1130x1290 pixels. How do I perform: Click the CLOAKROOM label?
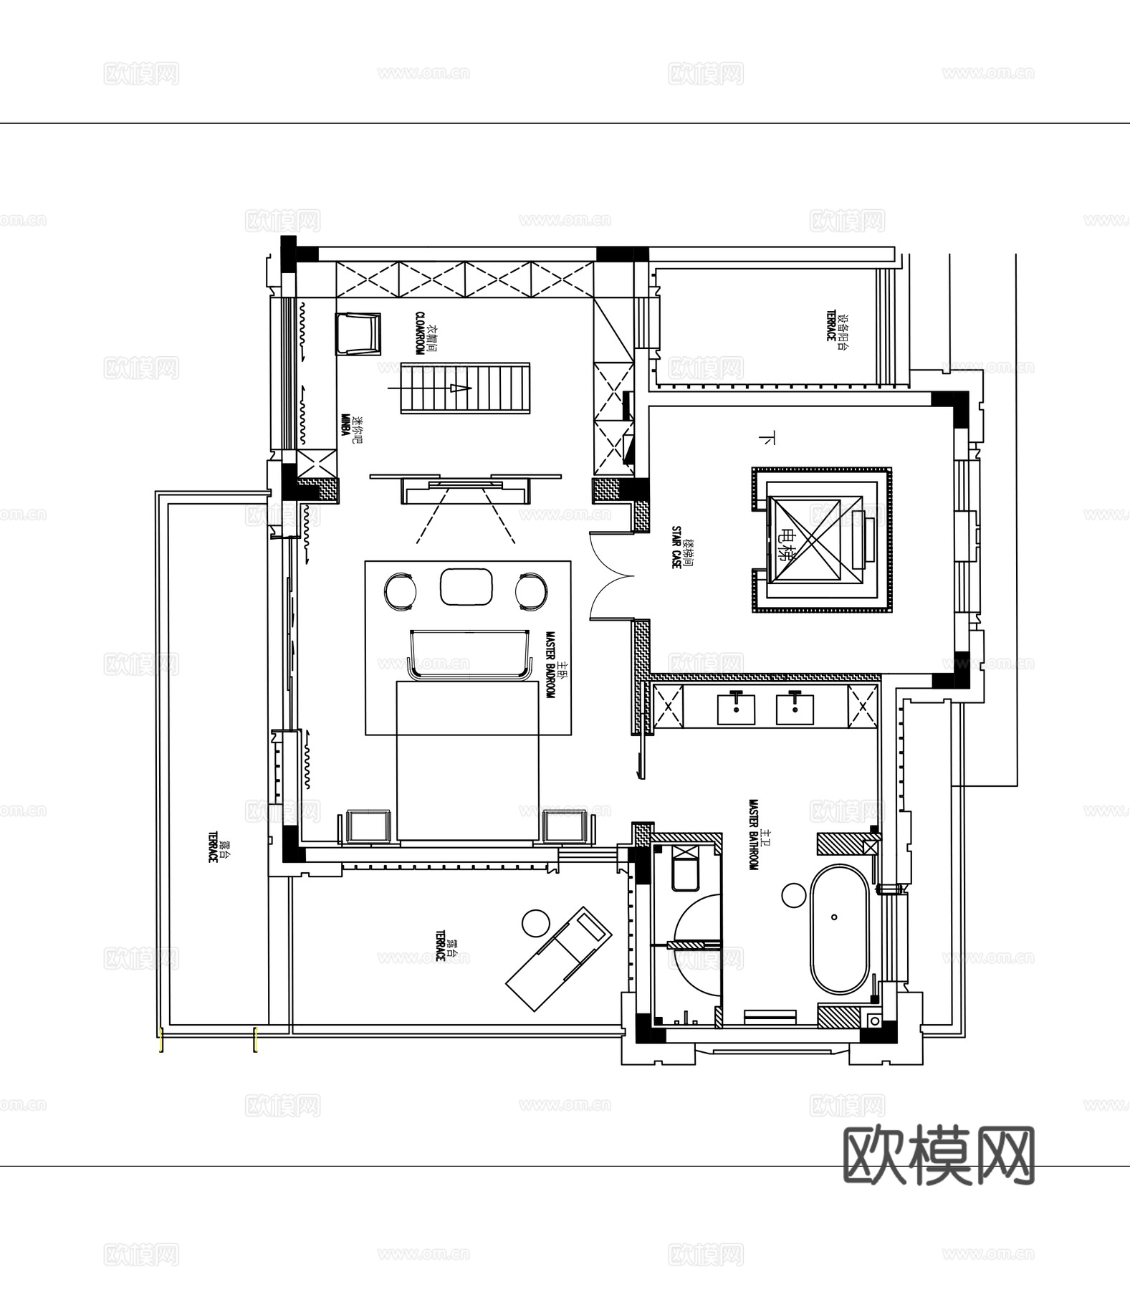[420, 333]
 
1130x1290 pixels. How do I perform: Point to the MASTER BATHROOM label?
[754, 835]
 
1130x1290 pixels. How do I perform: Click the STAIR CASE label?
[676, 548]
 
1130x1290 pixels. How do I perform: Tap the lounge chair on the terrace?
[559, 957]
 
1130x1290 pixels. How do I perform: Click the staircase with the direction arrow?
[464, 388]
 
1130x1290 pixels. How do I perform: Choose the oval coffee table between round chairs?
[465, 587]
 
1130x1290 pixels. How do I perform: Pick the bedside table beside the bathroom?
[568, 827]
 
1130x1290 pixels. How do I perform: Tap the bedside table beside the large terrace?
[368, 827]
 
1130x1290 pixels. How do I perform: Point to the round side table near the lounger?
[535, 922]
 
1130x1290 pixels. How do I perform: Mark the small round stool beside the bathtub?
[793, 895]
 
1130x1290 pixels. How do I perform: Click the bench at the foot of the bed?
[467, 652]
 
